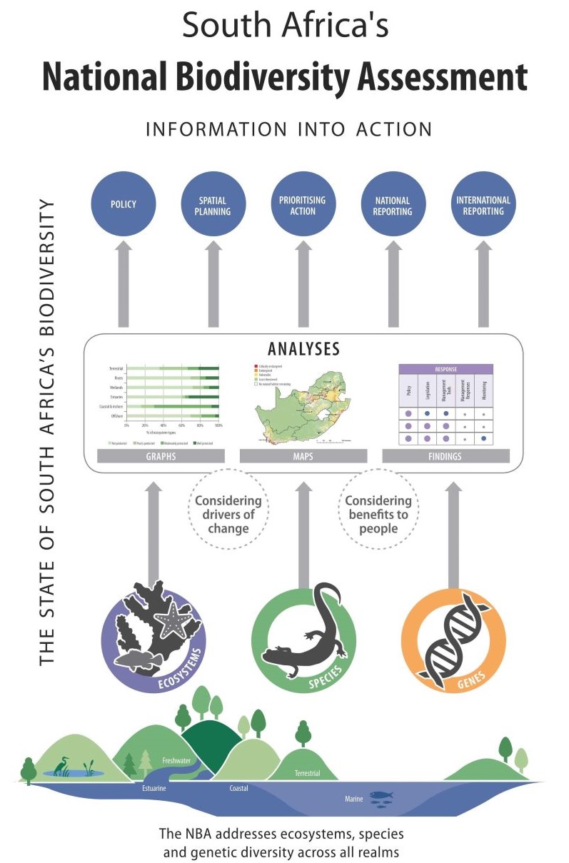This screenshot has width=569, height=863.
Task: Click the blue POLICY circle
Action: point(124,205)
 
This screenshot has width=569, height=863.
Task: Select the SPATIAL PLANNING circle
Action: point(213,205)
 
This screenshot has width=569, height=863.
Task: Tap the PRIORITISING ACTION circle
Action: point(303,205)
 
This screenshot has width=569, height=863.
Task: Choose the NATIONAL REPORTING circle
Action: point(393,205)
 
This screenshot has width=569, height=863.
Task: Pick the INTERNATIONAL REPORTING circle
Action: point(483,205)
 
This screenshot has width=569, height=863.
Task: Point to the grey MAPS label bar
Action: point(303,456)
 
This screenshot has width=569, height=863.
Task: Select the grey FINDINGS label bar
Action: point(446,456)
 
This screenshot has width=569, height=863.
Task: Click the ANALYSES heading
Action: point(303,349)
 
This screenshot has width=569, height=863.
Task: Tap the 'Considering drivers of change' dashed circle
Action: point(228,514)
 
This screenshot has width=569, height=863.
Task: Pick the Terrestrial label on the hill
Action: point(307,773)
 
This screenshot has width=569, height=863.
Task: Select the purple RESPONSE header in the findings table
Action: point(446,370)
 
